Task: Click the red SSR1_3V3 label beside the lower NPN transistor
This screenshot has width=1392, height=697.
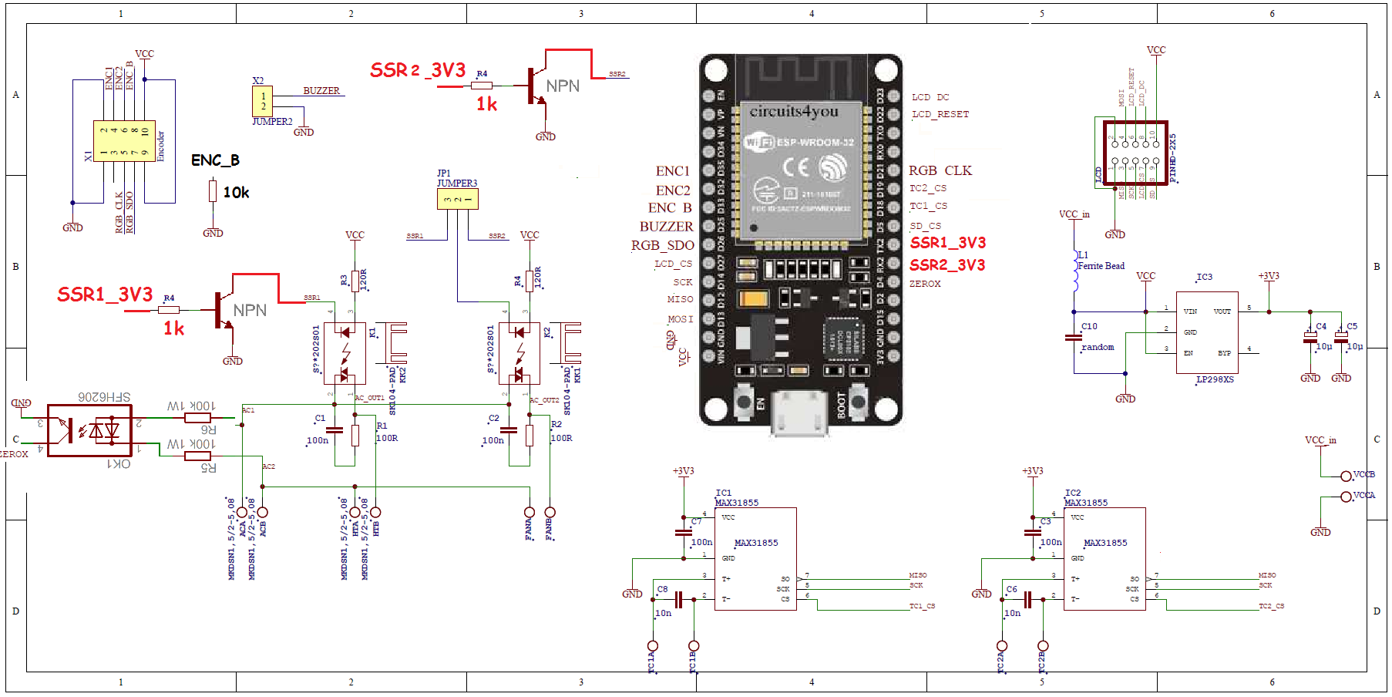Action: [105, 295]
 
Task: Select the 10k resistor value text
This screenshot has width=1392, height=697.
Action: [236, 193]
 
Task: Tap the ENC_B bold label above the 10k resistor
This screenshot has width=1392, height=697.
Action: [215, 160]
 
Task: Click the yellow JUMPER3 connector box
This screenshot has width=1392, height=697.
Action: [457, 199]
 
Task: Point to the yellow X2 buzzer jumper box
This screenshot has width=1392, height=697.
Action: [262, 102]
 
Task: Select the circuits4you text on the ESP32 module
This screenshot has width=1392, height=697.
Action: [794, 111]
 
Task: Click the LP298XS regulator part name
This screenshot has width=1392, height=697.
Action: [1215, 379]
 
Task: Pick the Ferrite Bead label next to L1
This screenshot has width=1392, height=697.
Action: [1101, 266]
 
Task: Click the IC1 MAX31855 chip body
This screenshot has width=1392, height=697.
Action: [755, 558]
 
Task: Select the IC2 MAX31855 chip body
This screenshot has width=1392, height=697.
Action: [1105, 558]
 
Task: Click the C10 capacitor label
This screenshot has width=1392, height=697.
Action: [1089, 326]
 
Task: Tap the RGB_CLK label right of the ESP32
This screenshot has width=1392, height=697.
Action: [940, 170]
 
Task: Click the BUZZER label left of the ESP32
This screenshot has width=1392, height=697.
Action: [666, 227]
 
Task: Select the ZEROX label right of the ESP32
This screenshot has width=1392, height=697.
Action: [925, 284]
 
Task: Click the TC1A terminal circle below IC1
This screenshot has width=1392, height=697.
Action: [653, 646]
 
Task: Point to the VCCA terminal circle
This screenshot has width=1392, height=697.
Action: [1346, 497]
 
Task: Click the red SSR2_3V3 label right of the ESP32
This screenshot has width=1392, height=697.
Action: [947, 265]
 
